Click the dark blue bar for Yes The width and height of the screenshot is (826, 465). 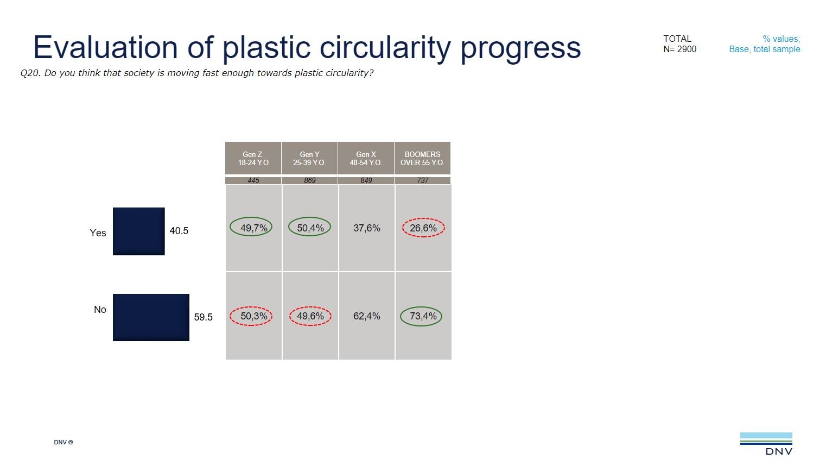click(x=138, y=231)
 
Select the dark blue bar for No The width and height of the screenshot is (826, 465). click(x=151, y=317)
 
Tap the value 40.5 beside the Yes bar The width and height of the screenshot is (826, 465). click(x=179, y=231)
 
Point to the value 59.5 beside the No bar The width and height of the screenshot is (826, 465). click(x=203, y=317)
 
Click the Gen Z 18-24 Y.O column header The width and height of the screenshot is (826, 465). click(x=253, y=158)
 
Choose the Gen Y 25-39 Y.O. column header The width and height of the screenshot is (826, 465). click(x=309, y=158)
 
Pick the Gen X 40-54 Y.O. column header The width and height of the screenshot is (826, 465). click(x=366, y=158)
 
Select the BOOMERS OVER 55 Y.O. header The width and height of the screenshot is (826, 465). click(x=422, y=158)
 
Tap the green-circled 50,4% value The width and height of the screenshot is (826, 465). click(x=309, y=228)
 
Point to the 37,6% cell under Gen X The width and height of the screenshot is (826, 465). click(x=367, y=228)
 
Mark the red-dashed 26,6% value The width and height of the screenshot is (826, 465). click(x=423, y=228)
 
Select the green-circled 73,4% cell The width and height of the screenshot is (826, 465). click(x=422, y=316)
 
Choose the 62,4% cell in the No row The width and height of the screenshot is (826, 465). click(x=367, y=316)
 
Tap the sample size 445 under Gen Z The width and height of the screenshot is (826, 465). click(x=253, y=180)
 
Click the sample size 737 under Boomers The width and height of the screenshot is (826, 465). click(x=422, y=180)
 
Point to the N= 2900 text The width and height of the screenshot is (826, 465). click(x=679, y=49)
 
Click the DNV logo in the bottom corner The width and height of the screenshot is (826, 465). click(x=766, y=443)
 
